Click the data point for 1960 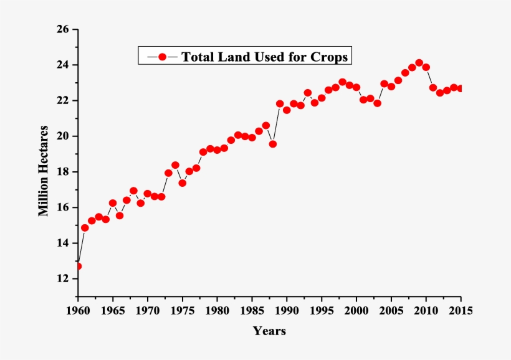click(x=78, y=266)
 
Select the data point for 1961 click(x=85, y=227)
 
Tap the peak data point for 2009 click(x=419, y=63)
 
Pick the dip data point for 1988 click(x=272, y=144)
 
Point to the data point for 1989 click(x=280, y=104)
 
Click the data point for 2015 click(x=461, y=88)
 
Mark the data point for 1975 click(x=182, y=183)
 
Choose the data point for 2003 click(x=377, y=103)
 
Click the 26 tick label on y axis click(x=62, y=29)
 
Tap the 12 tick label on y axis click(x=62, y=278)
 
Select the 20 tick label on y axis click(x=62, y=136)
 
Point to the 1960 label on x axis click(x=78, y=310)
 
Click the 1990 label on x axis click(x=287, y=310)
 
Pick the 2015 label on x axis click(x=461, y=310)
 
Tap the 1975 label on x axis click(x=182, y=310)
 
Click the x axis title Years click(x=269, y=331)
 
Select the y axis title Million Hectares click(x=44, y=171)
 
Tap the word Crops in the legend click(x=331, y=57)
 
